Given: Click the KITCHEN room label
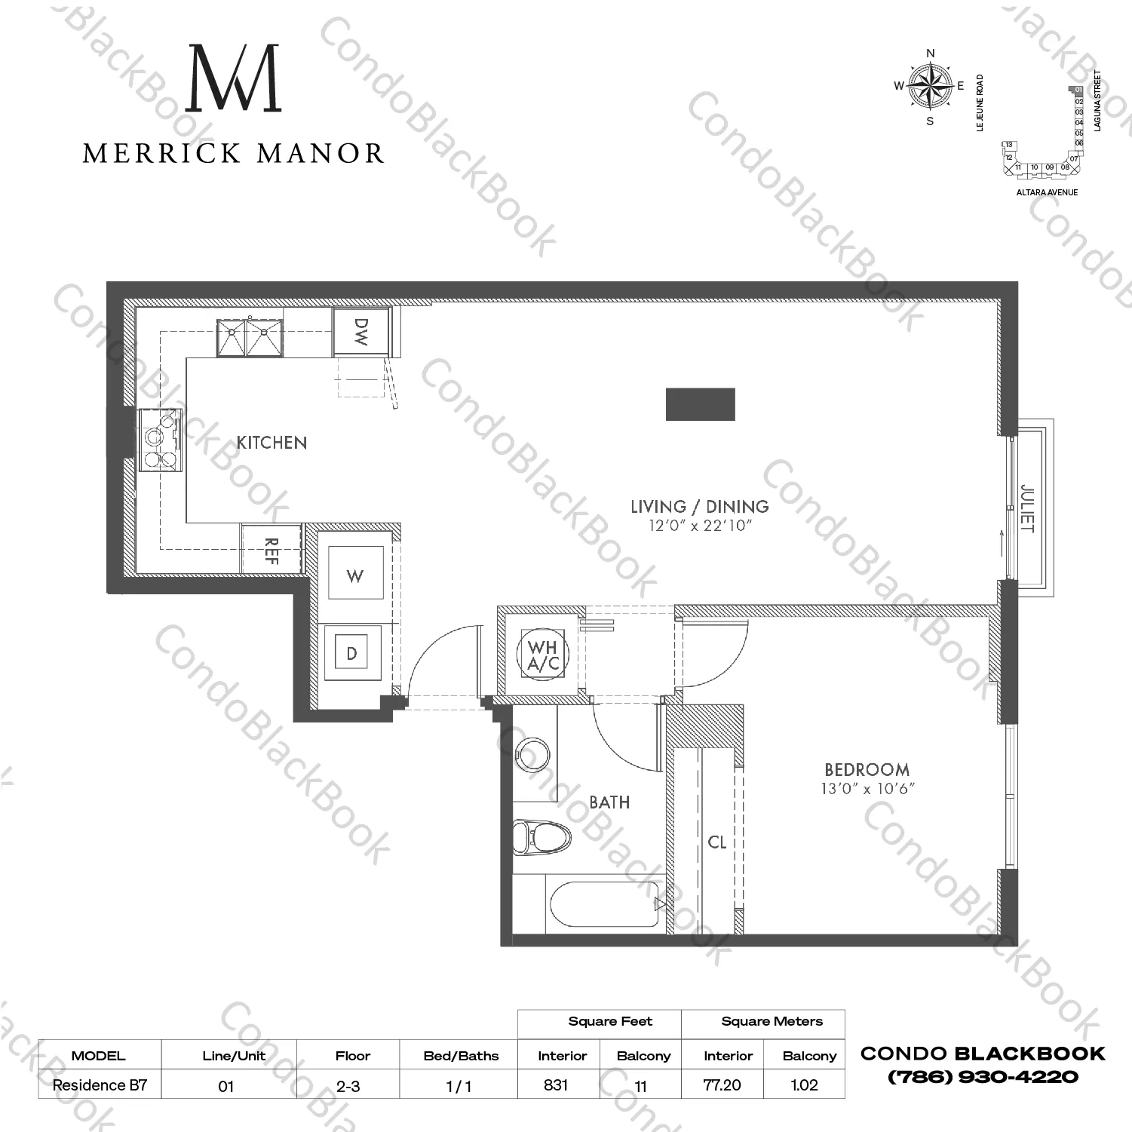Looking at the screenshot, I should (271, 443).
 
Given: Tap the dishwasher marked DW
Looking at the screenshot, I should (361, 331).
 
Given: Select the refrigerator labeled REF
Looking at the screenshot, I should (271, 551).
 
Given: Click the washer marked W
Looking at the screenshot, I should (355, 576).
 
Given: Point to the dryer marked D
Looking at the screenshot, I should (351, 653).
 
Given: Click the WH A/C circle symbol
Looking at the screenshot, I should (543, 655).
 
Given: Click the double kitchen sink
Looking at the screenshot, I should (250, 338).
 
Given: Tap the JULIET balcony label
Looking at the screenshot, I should (1026, 509).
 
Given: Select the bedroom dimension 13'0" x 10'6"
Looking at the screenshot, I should (867, 789).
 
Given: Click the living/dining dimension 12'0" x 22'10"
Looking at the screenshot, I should (700, 526).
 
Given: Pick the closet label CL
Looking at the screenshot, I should (717, 842).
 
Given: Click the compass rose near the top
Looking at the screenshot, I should (929, 86).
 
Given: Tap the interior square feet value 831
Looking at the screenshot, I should (556, 1084).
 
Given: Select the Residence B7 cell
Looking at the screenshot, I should (100, 1084).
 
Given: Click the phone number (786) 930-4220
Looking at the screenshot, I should (983, 1077).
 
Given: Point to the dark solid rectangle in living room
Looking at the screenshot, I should (700, 404).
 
